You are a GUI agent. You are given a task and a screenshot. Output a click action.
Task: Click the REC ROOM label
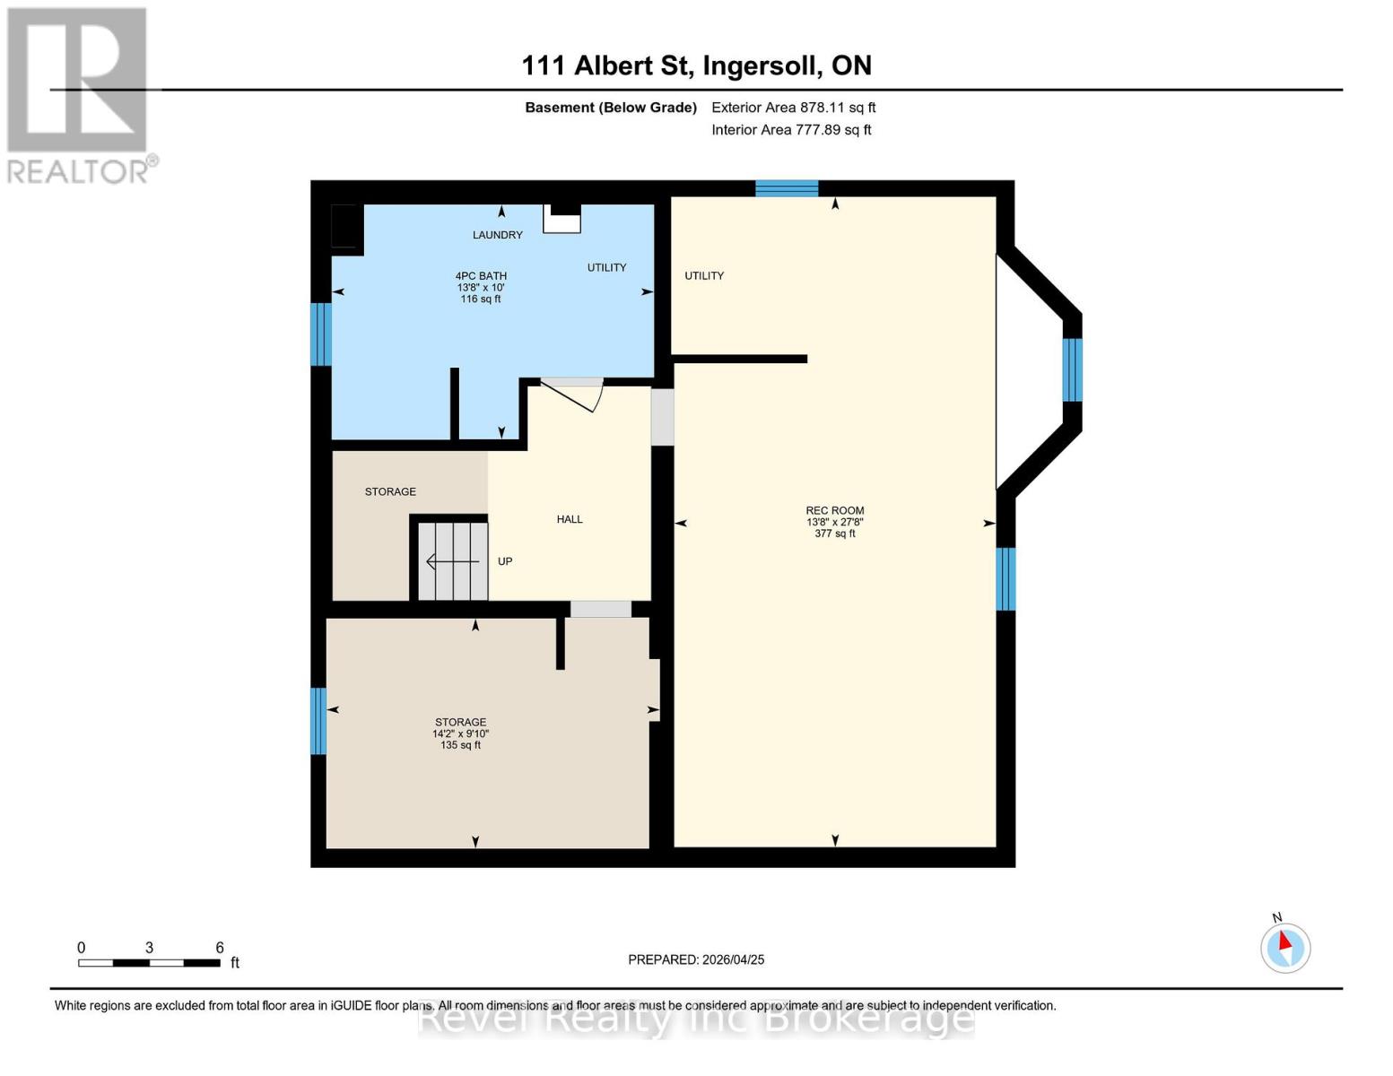834,510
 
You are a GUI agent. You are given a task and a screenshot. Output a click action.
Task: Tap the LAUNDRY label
498,235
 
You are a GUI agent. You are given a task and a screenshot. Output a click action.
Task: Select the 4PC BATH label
481,276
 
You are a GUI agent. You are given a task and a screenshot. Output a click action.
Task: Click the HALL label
570,519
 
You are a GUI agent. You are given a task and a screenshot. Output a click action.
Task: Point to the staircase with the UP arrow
453,561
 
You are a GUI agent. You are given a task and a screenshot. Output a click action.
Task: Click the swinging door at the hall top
575,394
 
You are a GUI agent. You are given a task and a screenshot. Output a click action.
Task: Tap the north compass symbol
1285,947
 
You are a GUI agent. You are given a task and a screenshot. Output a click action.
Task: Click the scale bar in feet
149,963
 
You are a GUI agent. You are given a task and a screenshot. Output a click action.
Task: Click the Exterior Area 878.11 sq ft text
793,108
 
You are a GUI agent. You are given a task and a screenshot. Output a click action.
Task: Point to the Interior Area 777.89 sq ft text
791,130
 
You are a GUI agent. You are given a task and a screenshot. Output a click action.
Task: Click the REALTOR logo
79,94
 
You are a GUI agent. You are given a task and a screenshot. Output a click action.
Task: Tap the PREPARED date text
696,959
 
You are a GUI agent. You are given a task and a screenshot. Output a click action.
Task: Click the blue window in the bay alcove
1072,369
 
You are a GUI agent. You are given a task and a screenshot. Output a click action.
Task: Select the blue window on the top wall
787,188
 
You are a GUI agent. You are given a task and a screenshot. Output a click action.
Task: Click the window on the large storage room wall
318,721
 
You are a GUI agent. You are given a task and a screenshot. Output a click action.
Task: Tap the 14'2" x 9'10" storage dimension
460,733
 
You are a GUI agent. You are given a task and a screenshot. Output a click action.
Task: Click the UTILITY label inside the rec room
704,276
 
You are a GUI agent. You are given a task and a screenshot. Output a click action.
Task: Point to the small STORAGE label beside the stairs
390,491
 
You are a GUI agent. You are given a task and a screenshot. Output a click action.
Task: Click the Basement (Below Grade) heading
611,108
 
